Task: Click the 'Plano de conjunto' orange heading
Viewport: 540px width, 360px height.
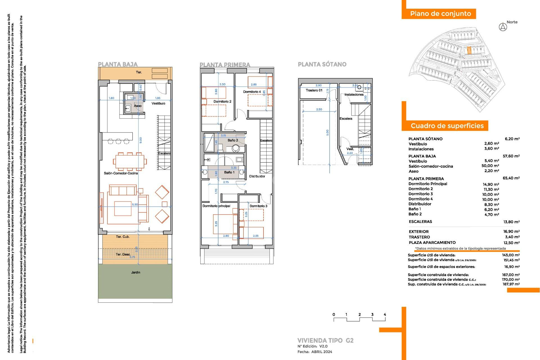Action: (x=440, y=14)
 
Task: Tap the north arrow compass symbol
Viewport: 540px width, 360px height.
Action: (x=503, y=27)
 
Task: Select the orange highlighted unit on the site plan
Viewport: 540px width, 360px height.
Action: (x=469, y=51)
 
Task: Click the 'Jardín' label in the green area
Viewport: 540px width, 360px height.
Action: (x=136, y=272)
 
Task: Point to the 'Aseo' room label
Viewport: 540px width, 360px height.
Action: (x=138, y=106)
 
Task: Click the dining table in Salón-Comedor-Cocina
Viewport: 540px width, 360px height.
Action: (x=129, y=162)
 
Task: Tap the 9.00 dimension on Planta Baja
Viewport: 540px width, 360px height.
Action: (x=141, y=140)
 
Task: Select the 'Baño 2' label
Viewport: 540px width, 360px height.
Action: (x=233, y=140)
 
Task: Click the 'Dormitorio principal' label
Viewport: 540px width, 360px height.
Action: (x=216, y=206)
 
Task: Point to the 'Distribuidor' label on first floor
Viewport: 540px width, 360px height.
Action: (x=257, y=176)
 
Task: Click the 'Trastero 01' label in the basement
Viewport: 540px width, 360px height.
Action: (x=314, y=90)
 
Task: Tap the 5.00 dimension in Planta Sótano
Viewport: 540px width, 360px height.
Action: (x=327, y=132)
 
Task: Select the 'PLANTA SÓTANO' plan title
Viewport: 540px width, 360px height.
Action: (x=322, y=64)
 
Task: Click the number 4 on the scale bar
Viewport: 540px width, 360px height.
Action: (x=385, y=314)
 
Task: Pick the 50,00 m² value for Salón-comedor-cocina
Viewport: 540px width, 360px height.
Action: (x=490, y=166)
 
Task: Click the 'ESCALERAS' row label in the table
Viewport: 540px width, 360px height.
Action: (x=420, y=222)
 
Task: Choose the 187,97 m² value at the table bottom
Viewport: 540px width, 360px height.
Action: (x=511, y=284)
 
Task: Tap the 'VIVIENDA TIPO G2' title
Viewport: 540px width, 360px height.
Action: (x=325, y=340)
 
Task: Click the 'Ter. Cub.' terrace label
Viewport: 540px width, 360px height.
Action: (x=123, y=237)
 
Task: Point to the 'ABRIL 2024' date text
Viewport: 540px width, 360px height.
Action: (x=321, y=352)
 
